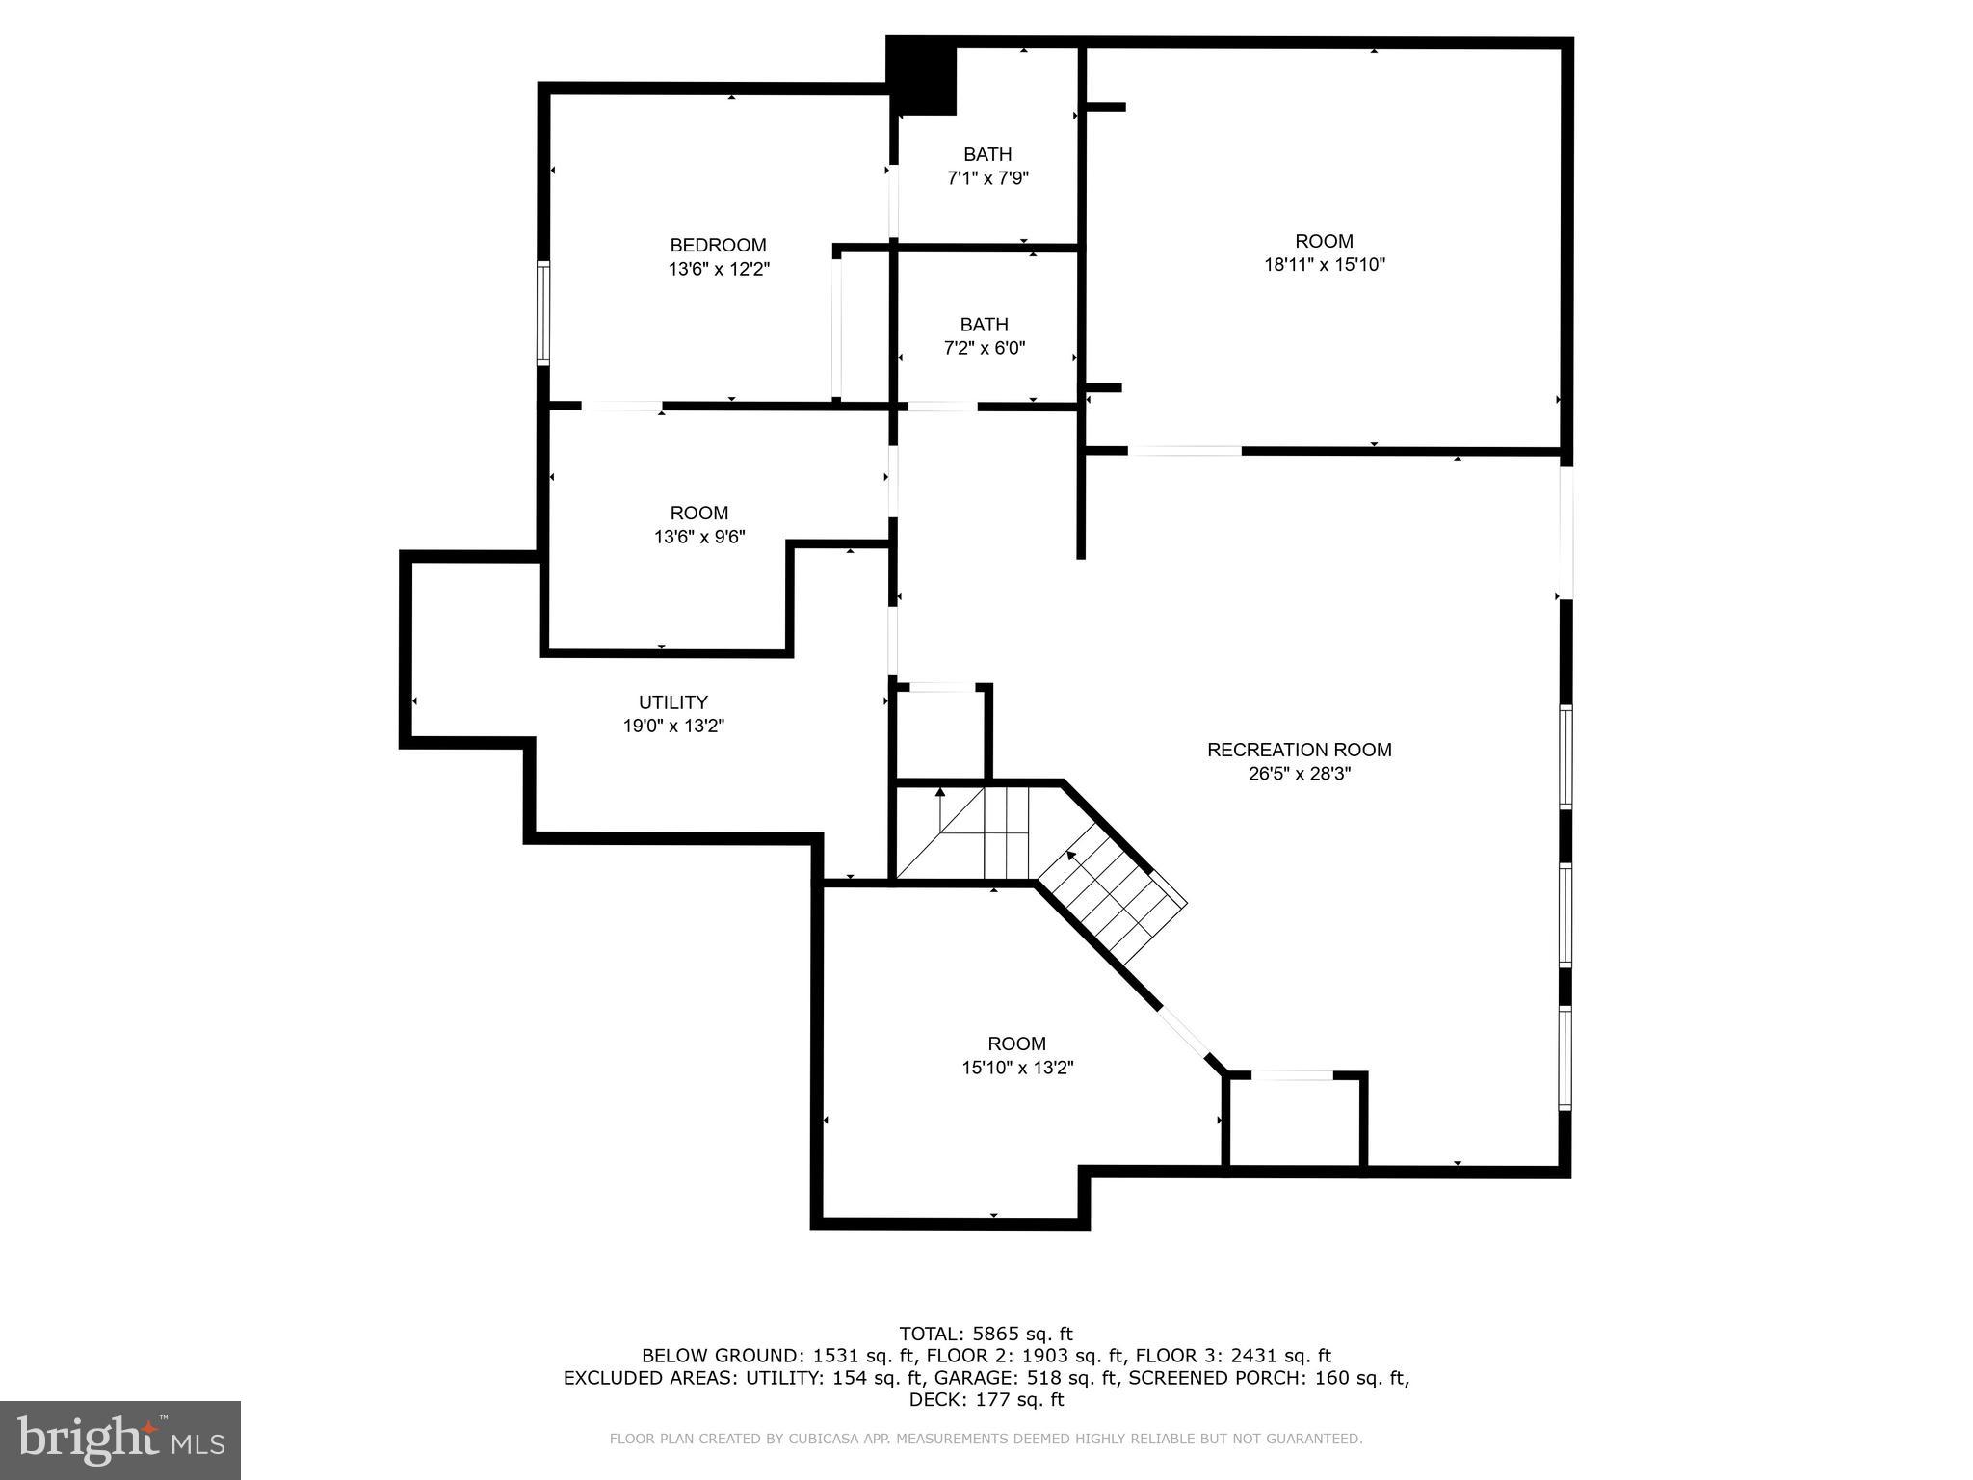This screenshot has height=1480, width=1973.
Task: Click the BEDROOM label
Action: tap(718, 245)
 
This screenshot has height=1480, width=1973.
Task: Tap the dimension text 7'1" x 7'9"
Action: tap(987, 178)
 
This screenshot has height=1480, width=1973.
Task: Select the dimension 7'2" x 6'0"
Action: tap(984, 348)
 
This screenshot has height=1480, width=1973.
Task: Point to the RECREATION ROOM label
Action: tap(1299, 750)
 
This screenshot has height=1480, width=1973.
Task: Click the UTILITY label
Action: tap(672, 702)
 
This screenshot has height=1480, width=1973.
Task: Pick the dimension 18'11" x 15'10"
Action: tap(1324, 265)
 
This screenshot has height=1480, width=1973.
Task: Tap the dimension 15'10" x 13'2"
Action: tap(1016, 1068)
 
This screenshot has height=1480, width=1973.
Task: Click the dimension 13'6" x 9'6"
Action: tap(699, 537)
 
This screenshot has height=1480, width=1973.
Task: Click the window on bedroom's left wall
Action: tap(543, 313)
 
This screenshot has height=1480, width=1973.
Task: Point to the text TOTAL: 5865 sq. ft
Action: tap(986, 1334)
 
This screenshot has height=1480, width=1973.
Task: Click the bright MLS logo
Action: tap(120, 1440)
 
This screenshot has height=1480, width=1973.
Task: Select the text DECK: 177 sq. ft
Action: tap(986, 1400)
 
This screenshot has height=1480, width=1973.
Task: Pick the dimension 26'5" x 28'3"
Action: tap(1299, 774)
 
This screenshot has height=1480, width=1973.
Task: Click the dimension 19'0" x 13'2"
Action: tap(672, 727)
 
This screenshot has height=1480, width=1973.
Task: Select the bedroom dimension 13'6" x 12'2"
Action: tap(719, 269)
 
